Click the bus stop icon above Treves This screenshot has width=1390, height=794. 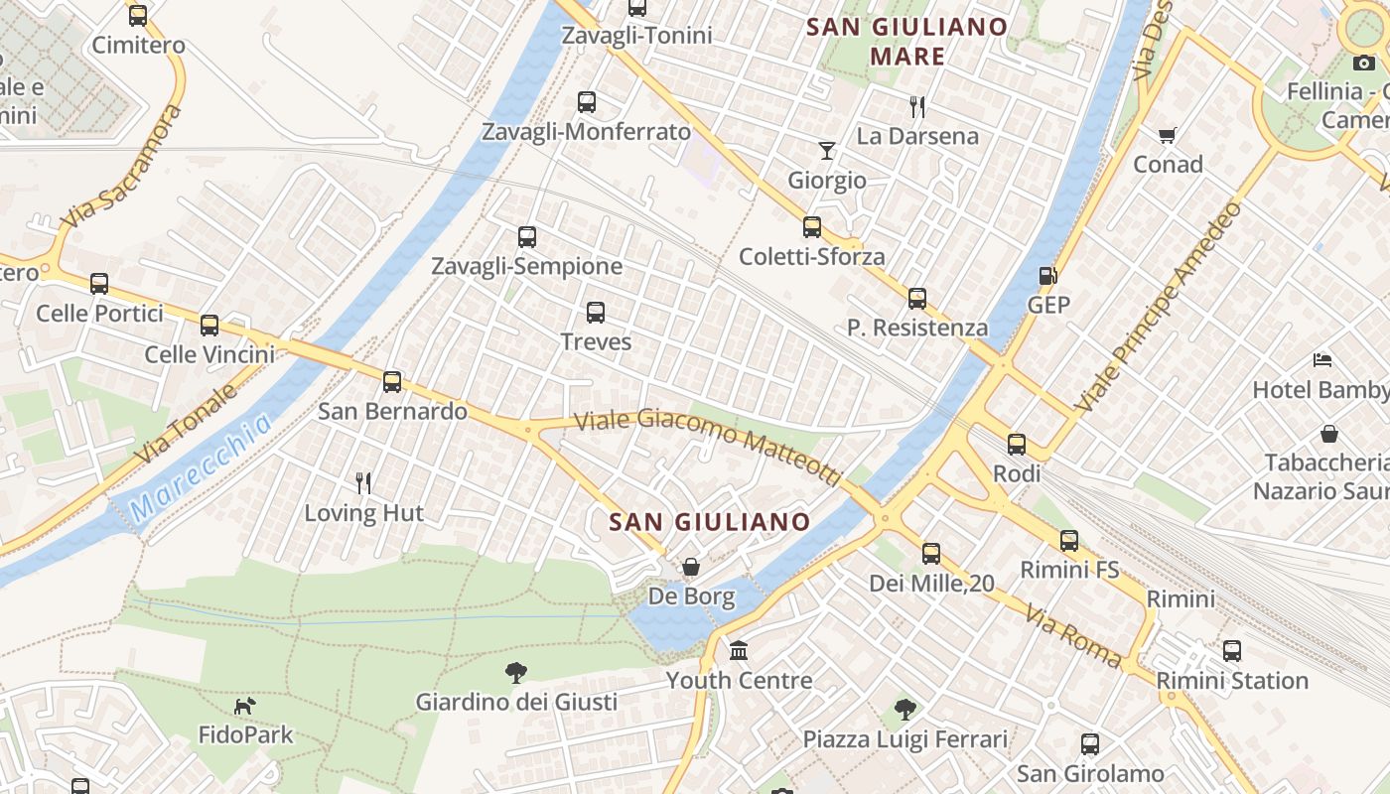pos(596,313)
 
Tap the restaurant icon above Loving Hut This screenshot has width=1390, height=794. pos(363,483)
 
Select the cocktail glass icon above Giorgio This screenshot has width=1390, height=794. pos(827,151)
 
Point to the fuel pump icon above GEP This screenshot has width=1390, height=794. pos(1047,275)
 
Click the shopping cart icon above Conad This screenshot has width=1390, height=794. pos(1168,135)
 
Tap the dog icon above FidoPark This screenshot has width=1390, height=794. pos(244,706)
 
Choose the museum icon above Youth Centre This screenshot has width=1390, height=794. pos(739,651)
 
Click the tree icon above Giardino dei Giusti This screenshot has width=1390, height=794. pos(515,673)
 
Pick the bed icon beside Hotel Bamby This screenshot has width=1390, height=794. pos(1322,359)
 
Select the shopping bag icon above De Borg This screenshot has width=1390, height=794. pos(691,567)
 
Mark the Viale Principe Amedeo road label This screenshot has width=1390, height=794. pos(1160,307)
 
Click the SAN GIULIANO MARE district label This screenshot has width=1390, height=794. pos(907,42)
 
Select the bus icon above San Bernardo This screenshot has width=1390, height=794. pos(392,381)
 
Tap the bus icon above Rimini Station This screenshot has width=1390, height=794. pos(1232,651)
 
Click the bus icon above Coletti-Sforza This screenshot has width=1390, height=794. pos(812,227)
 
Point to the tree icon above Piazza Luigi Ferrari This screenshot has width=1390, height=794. pos(904,710)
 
